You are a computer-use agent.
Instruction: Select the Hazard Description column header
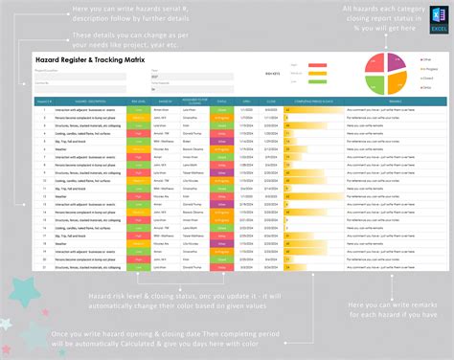click(x=87, y=100)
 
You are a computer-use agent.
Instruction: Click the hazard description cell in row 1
click(x=87, y=107)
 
